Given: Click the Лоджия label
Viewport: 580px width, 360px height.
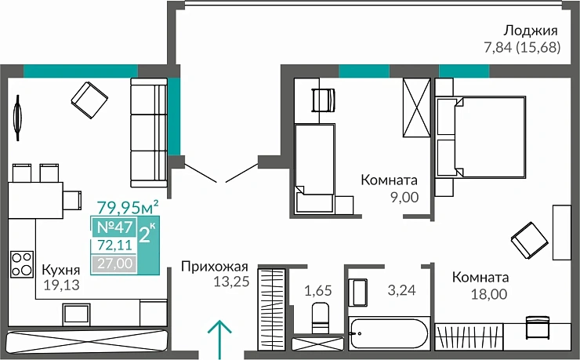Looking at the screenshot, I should pyautogui.click(x=531, y=31).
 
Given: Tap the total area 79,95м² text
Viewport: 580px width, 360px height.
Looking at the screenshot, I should pyautogui.click(x=128, y=208).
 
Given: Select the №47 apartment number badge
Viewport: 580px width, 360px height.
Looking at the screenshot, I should pyautogui.click(x=113, y=228).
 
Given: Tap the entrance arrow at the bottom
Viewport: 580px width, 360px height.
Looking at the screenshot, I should pyautogui.click(x=221, y=336).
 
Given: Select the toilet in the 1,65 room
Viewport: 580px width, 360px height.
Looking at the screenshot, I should pyautogui.click(x=321, y=318).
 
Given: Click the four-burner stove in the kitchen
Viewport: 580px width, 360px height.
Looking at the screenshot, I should pyautogui.click(x=20, y=263).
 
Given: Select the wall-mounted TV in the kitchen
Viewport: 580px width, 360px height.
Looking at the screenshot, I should pyautogui.click(x=16, y=118).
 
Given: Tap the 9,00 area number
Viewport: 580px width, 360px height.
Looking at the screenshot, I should pyautogui.click(x=404, y=197).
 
